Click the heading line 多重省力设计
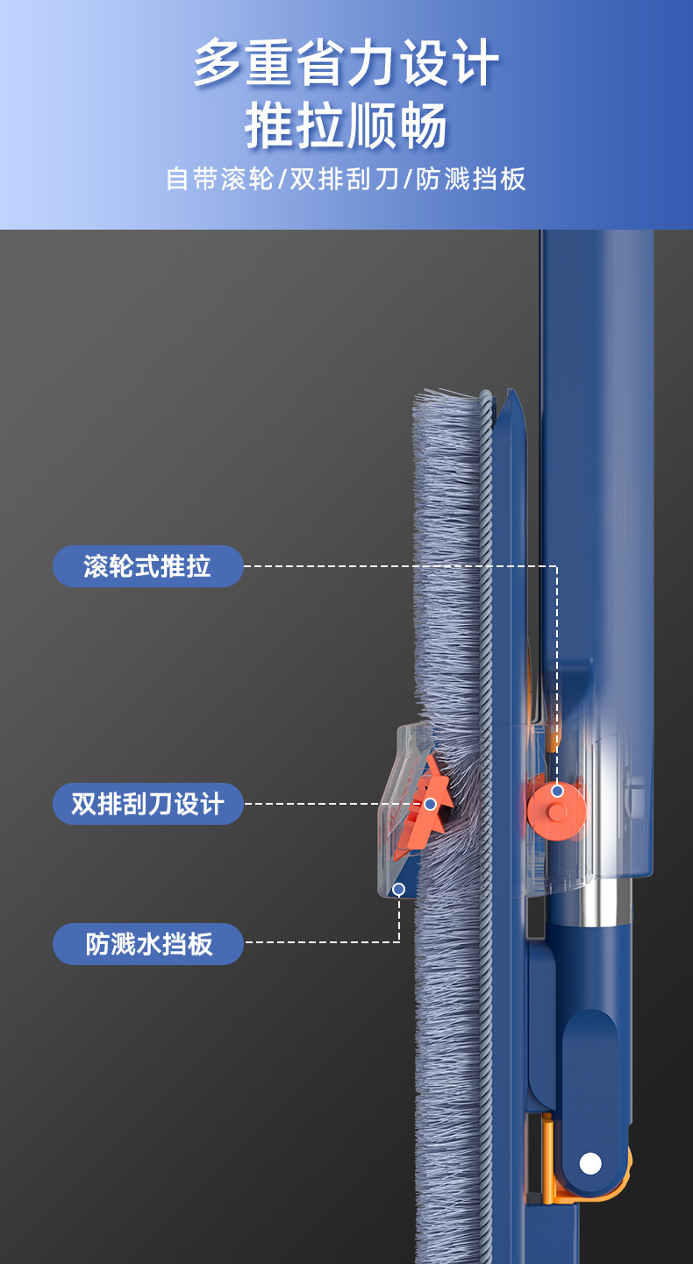[x=346, y=63]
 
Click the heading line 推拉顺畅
[x=346, y=125]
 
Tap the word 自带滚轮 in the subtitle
[x=220, y=180]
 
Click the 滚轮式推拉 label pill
[x=147, y=566]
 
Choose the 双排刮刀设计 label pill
[x=147, y=804]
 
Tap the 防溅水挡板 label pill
[x=148, y=944]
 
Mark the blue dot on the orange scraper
[x=430, y=804]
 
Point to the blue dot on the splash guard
[x=399, y=889]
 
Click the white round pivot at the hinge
[x=590, y=1163]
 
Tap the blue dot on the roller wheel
[x=557, y=792]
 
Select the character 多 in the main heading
[x=217, y=63]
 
